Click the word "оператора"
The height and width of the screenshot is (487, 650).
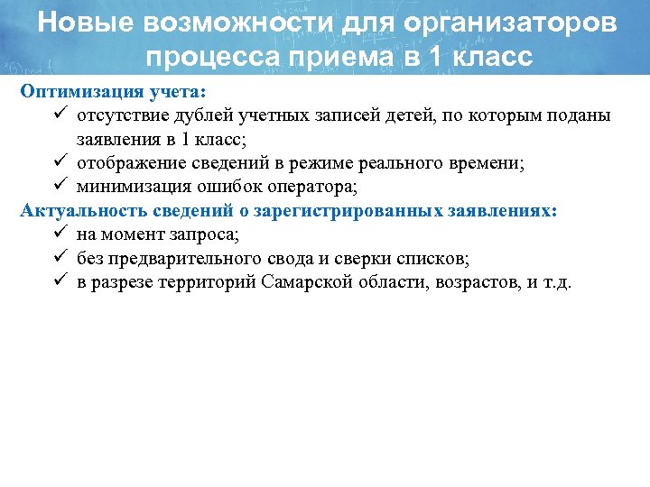319,187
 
